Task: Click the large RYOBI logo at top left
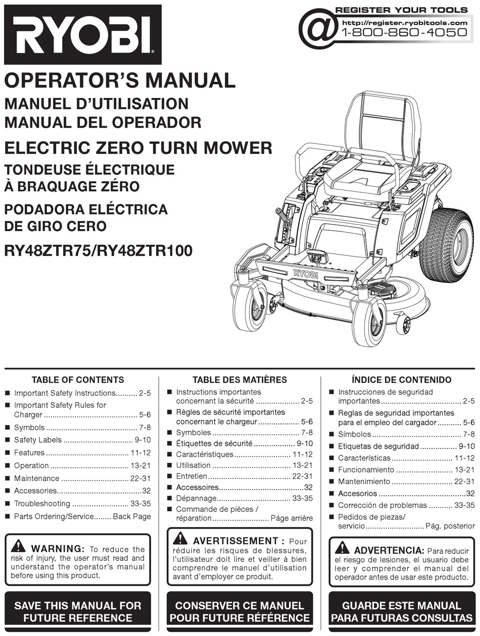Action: click(x=83, y=34)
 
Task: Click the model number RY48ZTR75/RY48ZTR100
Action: click(x=98, y=251)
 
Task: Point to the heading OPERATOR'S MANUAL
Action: click(x=120, y=81)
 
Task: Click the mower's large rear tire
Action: click(x=447, y=245)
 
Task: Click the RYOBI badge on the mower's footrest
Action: click(x=306, y=274)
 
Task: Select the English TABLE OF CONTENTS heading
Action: click(x=78, y=380)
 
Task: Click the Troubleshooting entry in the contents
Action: click(x=42, y=504)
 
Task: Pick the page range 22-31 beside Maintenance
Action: click(x=139, y=479)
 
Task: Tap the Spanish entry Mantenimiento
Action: click(x=364, y=482)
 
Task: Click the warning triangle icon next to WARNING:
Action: click(x=18, y=546)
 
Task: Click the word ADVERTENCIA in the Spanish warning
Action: click(x=389, y=550)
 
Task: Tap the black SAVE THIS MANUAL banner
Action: click(x=78, y=611)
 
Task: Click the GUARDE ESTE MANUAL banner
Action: click(x=402, y=611)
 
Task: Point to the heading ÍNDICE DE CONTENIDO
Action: click(x=402, y=380)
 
